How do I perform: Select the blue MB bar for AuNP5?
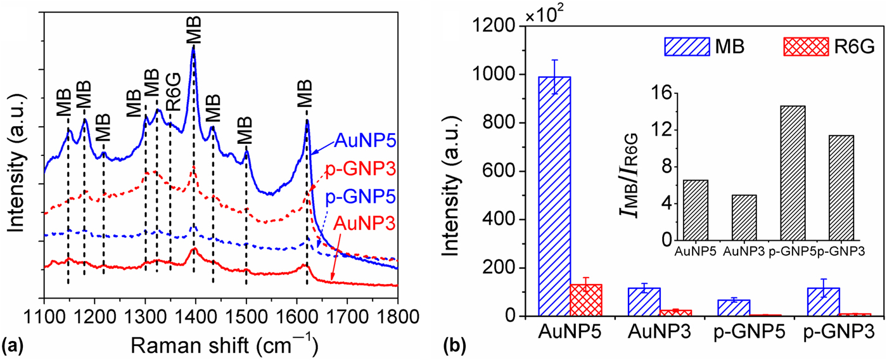click(554, 196)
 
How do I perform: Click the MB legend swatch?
click(682, 46)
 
